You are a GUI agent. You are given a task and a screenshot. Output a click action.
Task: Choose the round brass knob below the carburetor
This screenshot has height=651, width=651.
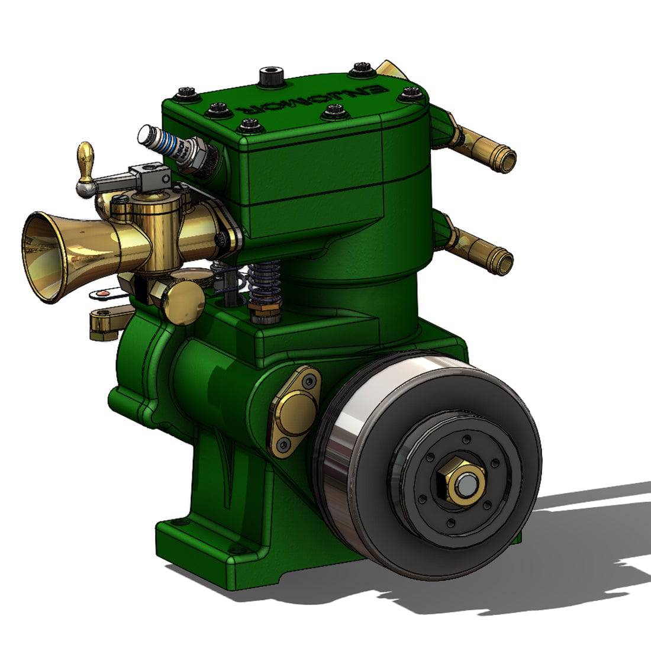tap(183, 302)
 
